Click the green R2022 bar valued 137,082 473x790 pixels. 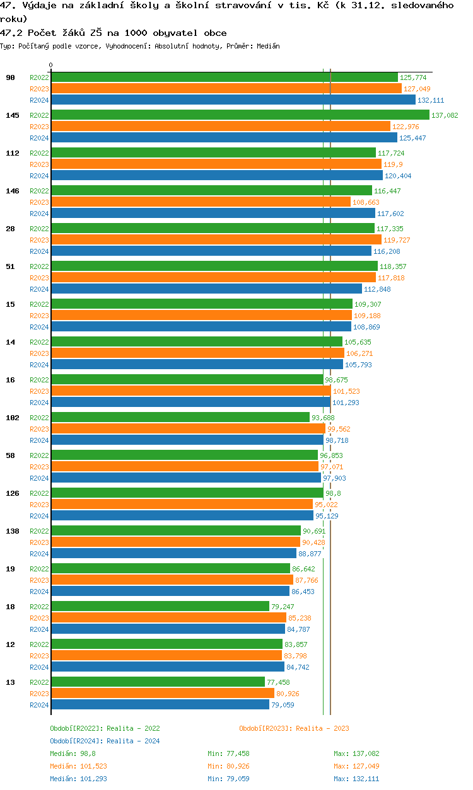tap(240, 115)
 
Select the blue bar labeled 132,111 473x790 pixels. tap(233, 100)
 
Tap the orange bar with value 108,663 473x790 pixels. tap(201, 202)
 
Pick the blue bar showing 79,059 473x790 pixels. tap(160, 704)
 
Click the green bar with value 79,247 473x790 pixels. tap(160, 606)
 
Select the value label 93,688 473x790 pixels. tap(323, 418)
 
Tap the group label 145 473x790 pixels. tap(12, 115)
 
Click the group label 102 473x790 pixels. tap(12, 418)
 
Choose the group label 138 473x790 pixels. tap(12, 531)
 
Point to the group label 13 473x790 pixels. tap(10, 682)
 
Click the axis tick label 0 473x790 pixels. tap(51, 65)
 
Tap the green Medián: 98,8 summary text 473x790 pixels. tap(73, 753)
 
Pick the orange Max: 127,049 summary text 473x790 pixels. tap(356, 766)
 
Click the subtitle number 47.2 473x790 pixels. tap(11, 33)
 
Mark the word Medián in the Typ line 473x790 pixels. tap(269, 46)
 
